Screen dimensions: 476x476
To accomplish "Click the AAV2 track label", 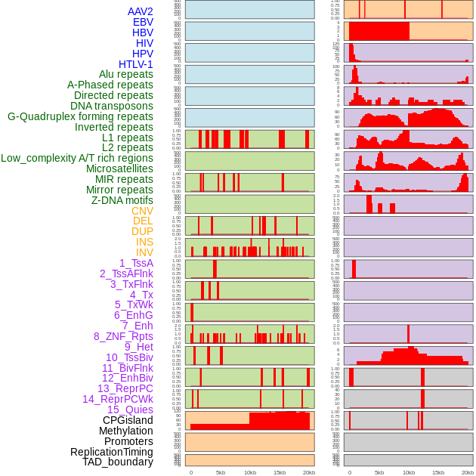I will (x=140, y=11).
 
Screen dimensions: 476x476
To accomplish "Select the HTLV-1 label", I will (x=135, y=64).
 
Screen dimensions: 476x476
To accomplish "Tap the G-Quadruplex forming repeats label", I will (x=80, y=116).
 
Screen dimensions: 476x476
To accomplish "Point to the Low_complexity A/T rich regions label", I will (x=77, y=158).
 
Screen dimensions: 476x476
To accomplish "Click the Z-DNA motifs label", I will (x=122, y=200).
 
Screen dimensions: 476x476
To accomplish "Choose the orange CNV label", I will (x=142, y=211).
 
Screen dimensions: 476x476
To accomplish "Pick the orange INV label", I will (x=144, y=252).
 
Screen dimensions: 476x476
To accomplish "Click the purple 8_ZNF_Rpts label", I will (x=123, y=336).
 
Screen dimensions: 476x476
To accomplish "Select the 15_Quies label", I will (x=130, y=410).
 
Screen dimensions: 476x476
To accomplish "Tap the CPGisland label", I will (x=128, y=420).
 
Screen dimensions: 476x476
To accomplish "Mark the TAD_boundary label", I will (x=118, y=462).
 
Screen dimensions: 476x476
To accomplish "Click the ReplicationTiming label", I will (x=111, y=452).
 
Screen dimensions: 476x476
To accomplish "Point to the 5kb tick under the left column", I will (x=221, y=472).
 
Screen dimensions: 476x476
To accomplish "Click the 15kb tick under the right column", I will (x=438, y=472).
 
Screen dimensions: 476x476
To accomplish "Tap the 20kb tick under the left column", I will (x=308, y=472).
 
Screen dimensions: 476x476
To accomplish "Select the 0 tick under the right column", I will (x=349, y=472).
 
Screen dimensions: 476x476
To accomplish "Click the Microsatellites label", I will (x=119, y=168).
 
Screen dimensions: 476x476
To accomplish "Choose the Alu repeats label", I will (x=126, y=74).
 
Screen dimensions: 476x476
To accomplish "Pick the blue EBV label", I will (x=143, y=22).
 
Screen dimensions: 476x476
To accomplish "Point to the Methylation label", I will (x=122, y=431).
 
